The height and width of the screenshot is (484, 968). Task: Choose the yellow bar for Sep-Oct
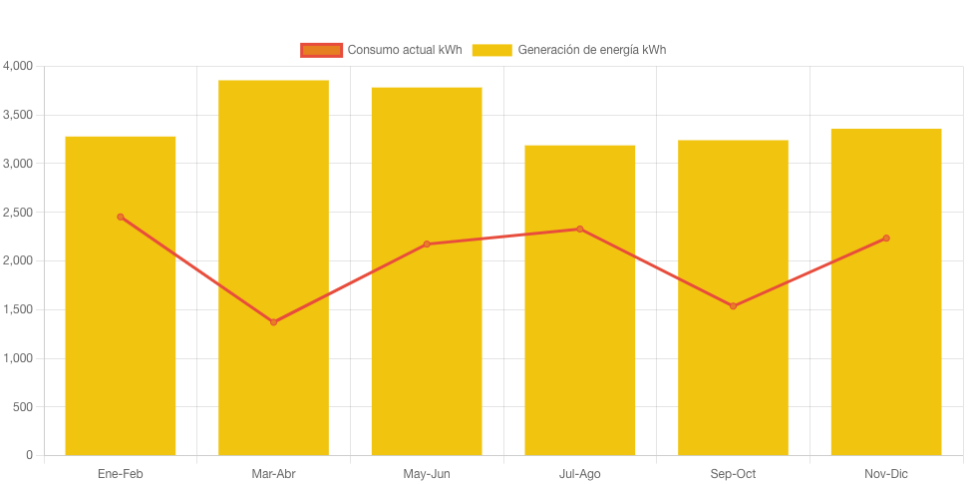pos(733,379)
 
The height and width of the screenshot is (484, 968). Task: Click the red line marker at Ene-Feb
pos(121,217)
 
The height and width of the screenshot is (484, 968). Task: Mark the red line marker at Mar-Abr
pos(273,322)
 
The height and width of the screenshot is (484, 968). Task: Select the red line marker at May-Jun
pos(427,244)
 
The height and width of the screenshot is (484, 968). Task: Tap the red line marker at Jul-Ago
pos(579,230)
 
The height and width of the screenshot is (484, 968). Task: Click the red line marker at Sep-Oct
pos(733,306)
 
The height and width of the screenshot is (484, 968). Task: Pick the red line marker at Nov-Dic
pos(886,239)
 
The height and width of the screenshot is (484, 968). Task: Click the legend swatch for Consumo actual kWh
pos(322,50)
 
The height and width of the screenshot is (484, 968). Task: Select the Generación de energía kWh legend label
pos(592,50)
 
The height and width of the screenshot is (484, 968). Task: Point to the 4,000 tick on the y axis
pos(18,66)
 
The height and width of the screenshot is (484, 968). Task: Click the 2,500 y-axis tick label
pos(18,213)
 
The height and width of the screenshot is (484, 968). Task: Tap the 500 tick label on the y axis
pos(24,407)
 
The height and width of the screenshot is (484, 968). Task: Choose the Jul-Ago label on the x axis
pos(579,474)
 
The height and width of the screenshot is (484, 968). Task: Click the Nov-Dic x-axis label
pos(886,474)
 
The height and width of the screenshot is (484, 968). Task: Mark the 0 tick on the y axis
pos(30,455)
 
